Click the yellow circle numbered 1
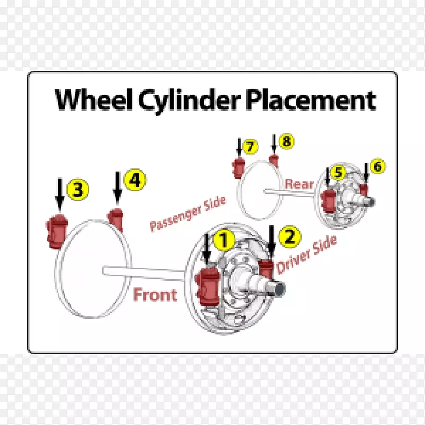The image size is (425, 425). coord(224,240)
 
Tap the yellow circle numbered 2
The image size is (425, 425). coord(290,236)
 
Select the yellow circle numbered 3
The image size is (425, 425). coord(78,189)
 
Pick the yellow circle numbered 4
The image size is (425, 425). coord(135,181)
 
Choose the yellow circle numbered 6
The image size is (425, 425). coord(377,166)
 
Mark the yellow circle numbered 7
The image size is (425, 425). coord(250,146)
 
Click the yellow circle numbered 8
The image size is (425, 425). coord(287,141)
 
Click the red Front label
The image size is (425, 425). coord(155,294)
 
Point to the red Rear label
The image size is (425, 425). coord(300,184)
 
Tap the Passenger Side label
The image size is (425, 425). coord(188,214)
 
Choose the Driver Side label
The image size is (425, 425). coord(307,254)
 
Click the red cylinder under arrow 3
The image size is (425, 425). coord(56,232)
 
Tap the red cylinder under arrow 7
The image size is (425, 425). coord(238,167)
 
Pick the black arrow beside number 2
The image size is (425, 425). coord(272,242)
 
